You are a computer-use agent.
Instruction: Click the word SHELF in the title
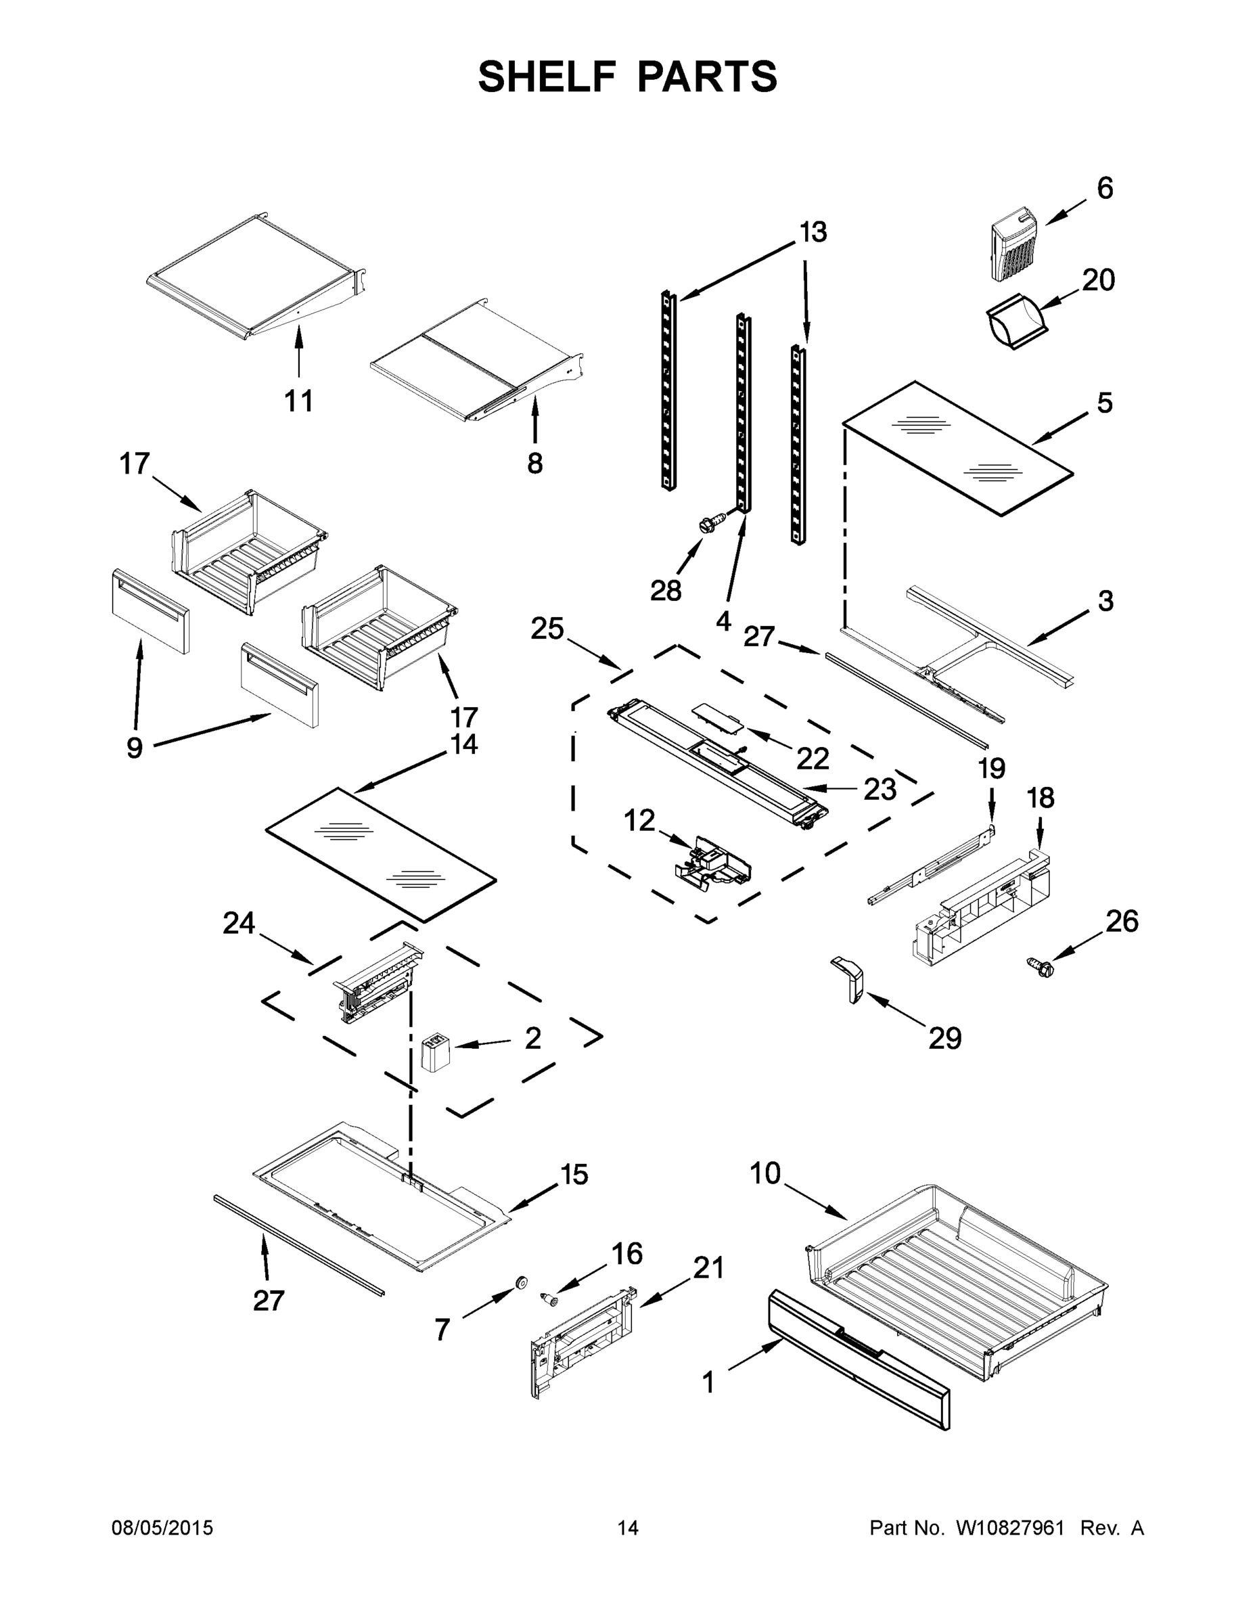point(547,76)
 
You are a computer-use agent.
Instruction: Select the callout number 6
point(1105,189)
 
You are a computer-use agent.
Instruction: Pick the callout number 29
point(944,1038)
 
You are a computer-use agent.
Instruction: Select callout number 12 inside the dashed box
point(639,821)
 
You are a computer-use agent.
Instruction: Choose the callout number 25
point(547,629)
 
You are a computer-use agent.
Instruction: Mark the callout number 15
point(574,1175)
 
